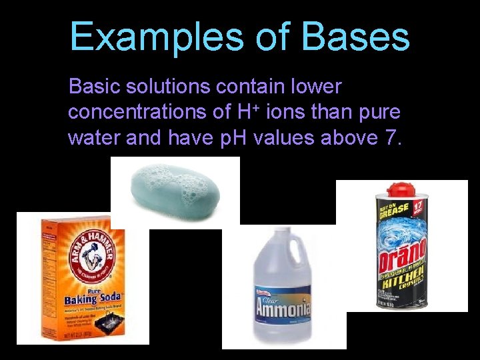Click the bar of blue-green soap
[x=175, y=189]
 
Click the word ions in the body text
[x=285, y=112]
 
